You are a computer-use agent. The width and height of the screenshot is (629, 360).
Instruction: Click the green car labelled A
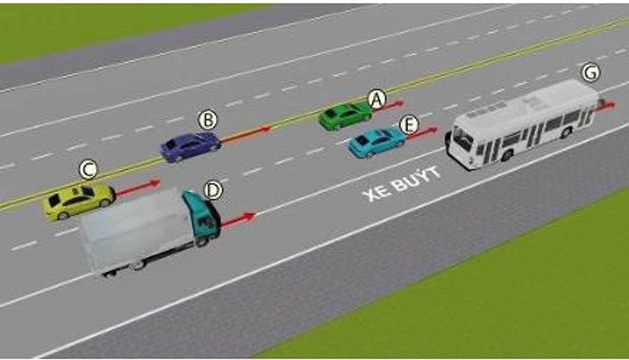(x=345, y=116)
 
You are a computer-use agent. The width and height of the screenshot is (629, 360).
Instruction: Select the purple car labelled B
(x=190, y=146)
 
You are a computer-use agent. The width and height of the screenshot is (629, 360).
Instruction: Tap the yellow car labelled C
(x=79, y=201)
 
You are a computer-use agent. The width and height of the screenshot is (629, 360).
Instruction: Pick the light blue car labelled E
(x=376, y=142)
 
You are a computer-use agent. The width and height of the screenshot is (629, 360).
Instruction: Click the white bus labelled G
(x=522, y=124)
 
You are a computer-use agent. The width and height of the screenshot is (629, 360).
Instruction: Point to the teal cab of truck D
(x=202, y=217)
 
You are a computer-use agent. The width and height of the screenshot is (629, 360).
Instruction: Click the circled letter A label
(x=377, y=99)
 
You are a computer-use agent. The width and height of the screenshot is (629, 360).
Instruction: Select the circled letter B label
(x=208, y=120)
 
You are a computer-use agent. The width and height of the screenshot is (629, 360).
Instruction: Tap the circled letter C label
(x=88, y=169)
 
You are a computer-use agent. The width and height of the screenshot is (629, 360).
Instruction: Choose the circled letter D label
(x=213, y=190)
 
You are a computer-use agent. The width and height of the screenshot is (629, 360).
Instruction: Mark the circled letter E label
(x=409, y=125)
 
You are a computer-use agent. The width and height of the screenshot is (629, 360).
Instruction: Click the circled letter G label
(x=591, y=73)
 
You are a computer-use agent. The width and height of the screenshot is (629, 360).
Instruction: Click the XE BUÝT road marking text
(x=402, y=184)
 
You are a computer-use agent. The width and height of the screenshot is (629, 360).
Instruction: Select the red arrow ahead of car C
(x=138, y=188)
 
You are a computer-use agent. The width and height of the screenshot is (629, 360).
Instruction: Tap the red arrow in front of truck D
(x=237, y=220)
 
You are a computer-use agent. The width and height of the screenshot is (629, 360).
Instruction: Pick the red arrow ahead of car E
(x=421, y=134)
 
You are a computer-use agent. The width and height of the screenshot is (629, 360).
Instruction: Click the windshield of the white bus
(x=463, y=140)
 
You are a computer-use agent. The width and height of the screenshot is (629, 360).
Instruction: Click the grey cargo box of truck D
(x=137, y=229)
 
